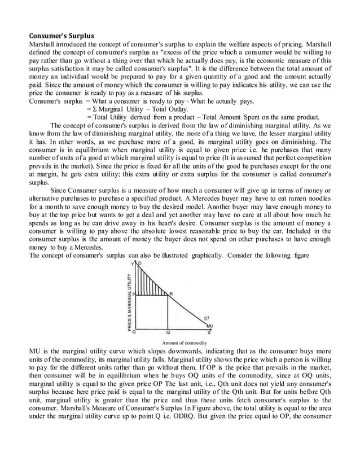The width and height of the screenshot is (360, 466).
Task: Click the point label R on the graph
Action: (172, 294)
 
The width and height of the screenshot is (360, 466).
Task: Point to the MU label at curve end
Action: (209, 325)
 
